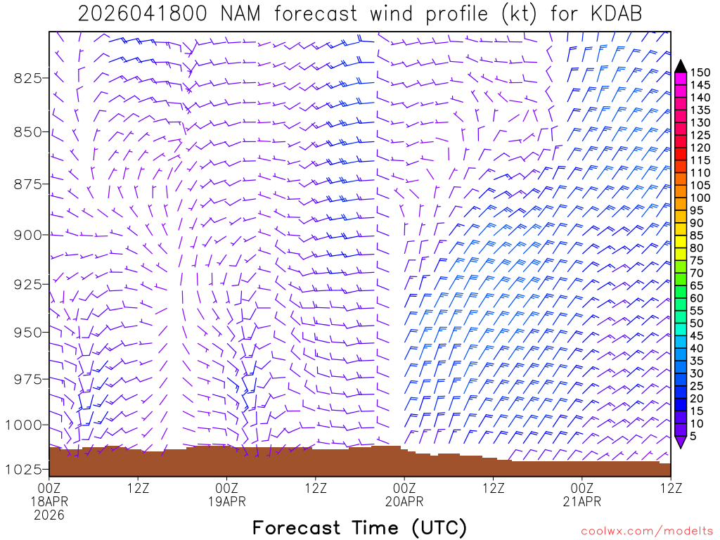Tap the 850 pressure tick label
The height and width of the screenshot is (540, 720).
[x=28, y=131]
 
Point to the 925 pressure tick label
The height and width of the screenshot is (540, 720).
[x=28, y=284]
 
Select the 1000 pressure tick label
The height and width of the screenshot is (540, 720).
[x=24, y=425]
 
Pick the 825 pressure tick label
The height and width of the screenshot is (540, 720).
[x=28, y=77]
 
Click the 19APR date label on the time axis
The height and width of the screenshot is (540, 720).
[x=227, y=501]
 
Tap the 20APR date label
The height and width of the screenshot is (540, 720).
[x=404, y=501]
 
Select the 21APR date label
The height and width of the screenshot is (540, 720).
[x=582, y=501]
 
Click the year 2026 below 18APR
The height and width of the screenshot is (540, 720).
[x=49, y=515]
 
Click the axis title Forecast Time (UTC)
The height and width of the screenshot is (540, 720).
[x=359, y=527]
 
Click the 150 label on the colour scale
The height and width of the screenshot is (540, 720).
[x=700, y=72]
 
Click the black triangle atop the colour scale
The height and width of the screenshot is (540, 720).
[x=680, y=66]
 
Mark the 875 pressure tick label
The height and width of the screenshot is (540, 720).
[x=28, y=184]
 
